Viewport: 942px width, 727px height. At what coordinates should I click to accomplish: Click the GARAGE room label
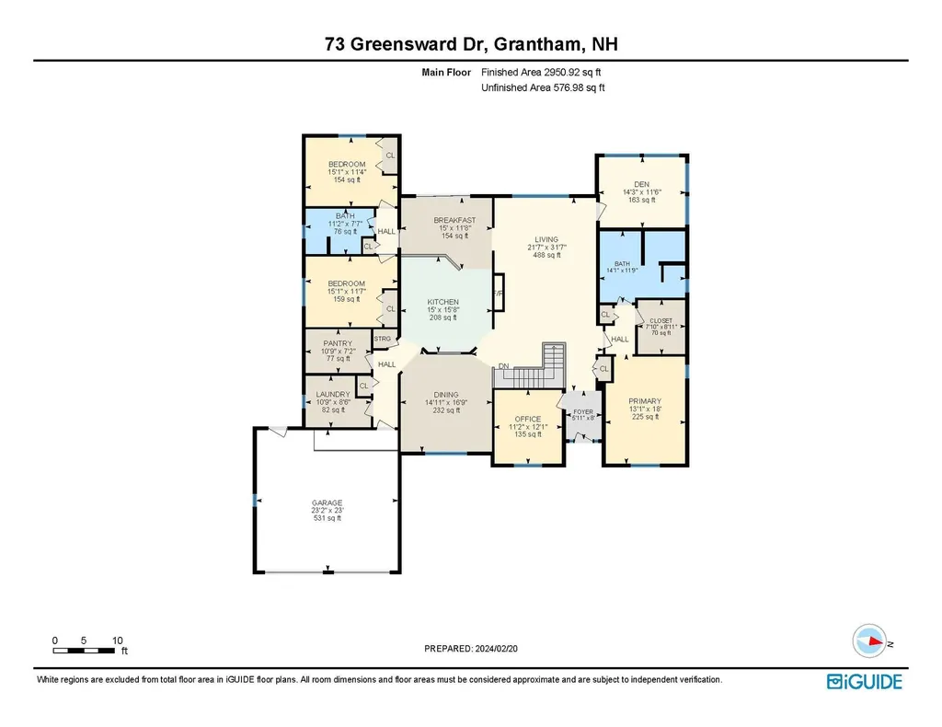327,502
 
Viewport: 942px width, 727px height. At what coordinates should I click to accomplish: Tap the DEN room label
641,184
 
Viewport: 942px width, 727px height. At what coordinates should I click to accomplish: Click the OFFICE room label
528,419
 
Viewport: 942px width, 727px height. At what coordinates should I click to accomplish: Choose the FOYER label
584,411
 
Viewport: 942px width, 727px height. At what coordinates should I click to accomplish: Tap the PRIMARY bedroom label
644,401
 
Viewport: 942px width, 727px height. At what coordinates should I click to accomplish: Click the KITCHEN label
442,302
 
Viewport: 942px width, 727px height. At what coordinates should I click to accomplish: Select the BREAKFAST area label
454,220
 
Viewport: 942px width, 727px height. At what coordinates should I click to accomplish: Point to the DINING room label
442,395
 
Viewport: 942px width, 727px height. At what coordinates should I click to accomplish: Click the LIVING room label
547,239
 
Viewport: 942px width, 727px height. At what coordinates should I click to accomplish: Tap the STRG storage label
383,339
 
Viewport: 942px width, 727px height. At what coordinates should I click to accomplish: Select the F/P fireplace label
498,294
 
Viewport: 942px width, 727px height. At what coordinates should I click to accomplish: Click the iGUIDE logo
864,681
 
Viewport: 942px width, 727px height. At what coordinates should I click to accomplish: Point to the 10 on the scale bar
117,640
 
